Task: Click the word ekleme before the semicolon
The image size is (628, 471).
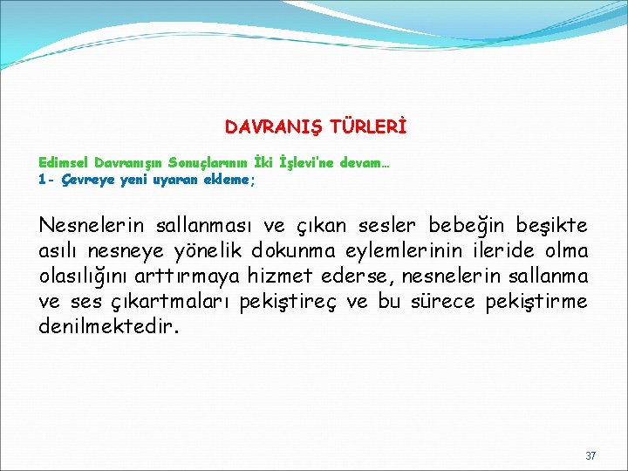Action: (x=226, y=181)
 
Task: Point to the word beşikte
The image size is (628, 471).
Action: (x=550, y=226)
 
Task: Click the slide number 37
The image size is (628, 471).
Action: (x=590, y=456)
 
